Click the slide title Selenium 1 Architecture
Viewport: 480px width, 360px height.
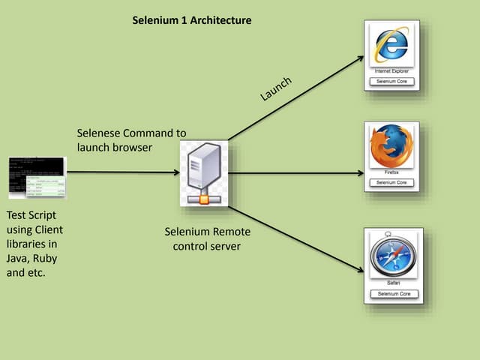point(191,20)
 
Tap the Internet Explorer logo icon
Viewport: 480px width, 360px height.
point(391,46)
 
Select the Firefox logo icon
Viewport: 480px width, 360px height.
point(391,145)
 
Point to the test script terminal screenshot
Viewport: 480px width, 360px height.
point(37,178)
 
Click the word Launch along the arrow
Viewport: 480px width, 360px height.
point(275,88)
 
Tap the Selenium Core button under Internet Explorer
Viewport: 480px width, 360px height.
point(391,81)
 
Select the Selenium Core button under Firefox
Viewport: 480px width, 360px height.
point(391,182)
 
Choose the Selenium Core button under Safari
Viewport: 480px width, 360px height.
point(392,294)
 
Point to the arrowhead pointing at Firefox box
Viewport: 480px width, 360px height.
point(360,173)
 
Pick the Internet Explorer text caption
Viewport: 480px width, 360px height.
point(391,71)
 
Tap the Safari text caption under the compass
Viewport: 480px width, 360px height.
point(392,283)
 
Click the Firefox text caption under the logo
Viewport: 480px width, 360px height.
point(391,172)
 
